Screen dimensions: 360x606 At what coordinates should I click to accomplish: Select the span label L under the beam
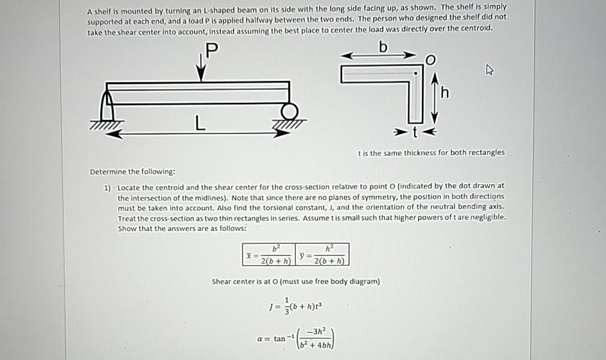point(201,126)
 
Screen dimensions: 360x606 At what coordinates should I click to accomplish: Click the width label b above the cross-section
point(384,47)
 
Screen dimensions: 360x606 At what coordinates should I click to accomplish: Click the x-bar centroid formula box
point(268,254)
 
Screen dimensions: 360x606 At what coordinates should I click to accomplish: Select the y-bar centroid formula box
point(323,254)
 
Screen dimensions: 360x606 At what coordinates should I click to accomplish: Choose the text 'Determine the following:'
point(132,172)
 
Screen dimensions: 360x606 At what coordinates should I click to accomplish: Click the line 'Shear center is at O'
point(296,281)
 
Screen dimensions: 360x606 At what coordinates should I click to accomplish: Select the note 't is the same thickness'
point(431,153)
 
